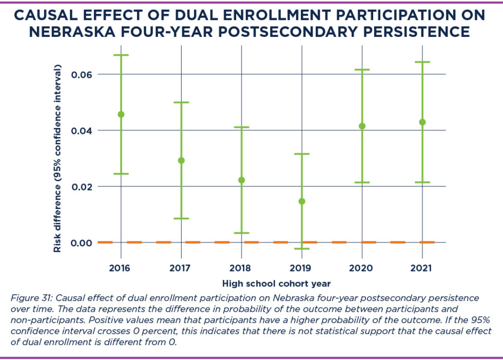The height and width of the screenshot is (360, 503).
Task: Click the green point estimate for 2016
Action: [121, 114]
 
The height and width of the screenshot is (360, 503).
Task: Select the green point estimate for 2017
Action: [181, 160]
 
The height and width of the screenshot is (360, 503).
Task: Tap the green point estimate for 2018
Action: [242, 180]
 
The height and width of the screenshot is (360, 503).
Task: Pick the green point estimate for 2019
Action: [302, 201]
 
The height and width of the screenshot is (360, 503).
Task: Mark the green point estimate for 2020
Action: [362, 126]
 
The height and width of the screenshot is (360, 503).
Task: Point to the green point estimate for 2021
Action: [422, 122]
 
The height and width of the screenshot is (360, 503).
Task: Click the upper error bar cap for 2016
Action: [121, 55]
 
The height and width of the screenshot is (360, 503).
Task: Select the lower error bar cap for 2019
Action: [302, 249]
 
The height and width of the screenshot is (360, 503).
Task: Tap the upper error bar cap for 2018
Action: [242, 127]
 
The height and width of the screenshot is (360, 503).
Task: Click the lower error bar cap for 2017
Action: [181, 219]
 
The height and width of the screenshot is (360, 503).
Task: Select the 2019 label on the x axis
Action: [302, 268]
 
